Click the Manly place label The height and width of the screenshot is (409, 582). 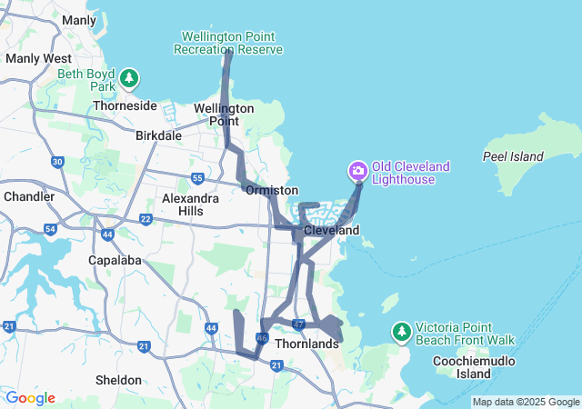coord(79,20)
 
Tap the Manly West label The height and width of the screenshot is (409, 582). coord(32,58)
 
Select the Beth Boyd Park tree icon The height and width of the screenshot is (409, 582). coord(130,78)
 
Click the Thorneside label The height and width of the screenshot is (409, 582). coord(125,105)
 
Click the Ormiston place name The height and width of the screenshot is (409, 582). coord(271,190)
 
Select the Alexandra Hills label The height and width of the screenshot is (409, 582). coord(190,204)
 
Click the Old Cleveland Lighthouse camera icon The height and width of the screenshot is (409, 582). coord(357,170)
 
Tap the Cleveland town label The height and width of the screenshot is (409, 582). coord(332,231)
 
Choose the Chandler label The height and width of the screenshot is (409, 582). coord(29,196)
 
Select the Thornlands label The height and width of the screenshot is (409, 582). coord(306,345)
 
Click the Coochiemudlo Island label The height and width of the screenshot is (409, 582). coord(487,367)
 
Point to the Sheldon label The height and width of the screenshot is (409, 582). coord(118,380)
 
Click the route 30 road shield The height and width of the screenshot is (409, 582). coord(58,162)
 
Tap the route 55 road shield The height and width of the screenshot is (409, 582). coord(197,178)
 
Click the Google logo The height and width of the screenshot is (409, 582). coord(30,398)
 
